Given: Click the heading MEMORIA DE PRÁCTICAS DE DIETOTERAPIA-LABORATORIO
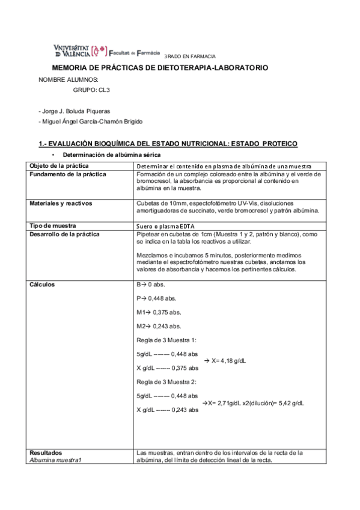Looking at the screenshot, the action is tap(160, 69).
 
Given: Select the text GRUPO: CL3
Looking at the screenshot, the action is tap(91, 89).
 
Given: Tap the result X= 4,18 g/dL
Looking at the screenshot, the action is tap(230, 361).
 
